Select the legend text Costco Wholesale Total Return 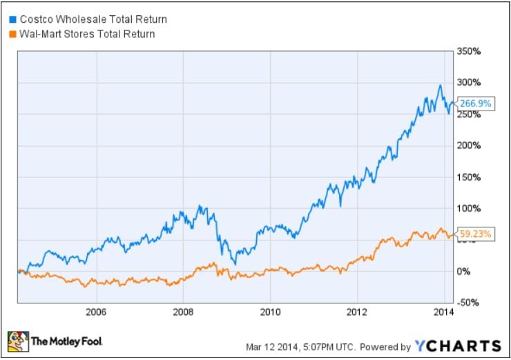[x=92, y=19]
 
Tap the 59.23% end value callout [x=476, y=234]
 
